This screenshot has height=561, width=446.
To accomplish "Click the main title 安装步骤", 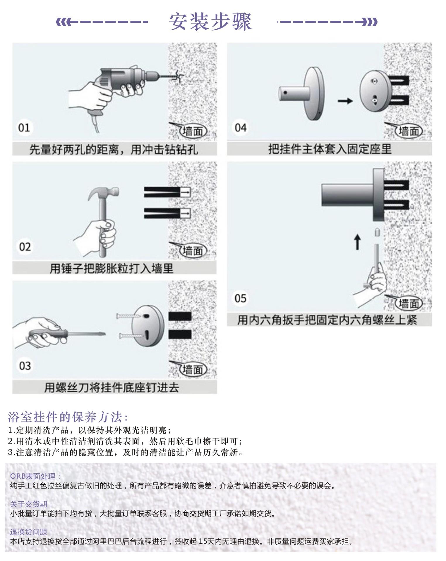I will (x=210, y=22).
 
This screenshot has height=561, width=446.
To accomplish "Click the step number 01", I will (x=24, y=128).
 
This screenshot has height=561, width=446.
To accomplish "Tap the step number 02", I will (x=25, y=247).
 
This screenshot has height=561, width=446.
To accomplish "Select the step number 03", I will (x=25, y=366).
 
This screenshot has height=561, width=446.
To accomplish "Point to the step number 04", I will (x=241, y=128).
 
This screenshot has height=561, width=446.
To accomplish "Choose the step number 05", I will (x=241, y=298).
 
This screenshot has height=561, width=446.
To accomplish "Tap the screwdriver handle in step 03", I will (x=48, y=334).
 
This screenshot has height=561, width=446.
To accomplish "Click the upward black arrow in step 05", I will (x=357, y=242).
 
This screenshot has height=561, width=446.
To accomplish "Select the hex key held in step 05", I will (x=376, y=257).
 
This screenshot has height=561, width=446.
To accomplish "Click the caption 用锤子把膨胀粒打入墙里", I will (x=111, y=268).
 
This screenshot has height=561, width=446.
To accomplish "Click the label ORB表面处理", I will (x=35, y=477).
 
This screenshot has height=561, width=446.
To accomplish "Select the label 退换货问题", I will (x=31, y=532).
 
